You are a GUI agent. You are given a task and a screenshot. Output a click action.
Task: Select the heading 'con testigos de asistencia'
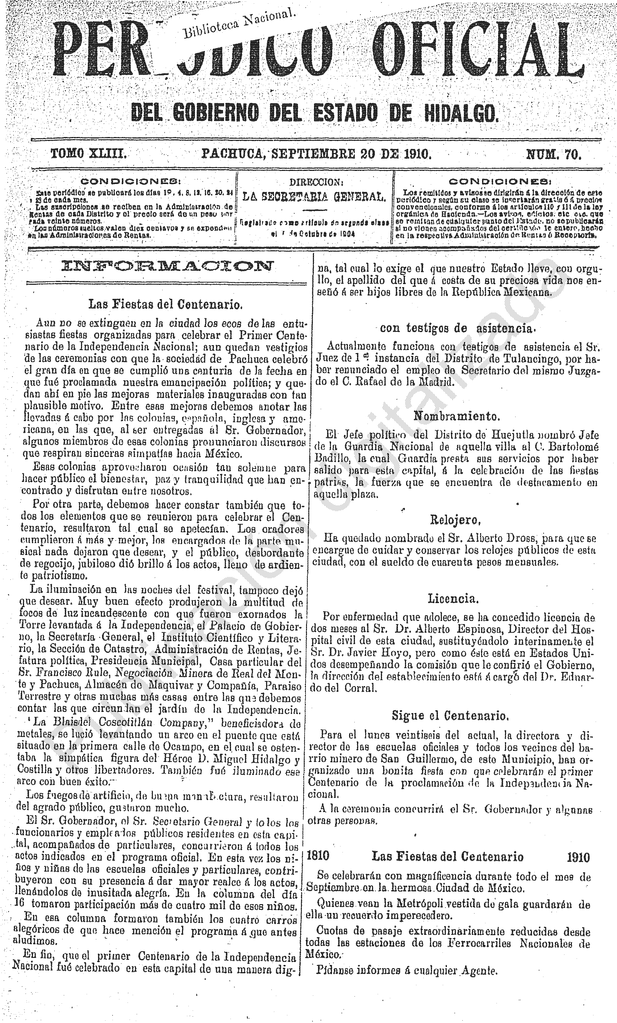coord(457,328)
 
